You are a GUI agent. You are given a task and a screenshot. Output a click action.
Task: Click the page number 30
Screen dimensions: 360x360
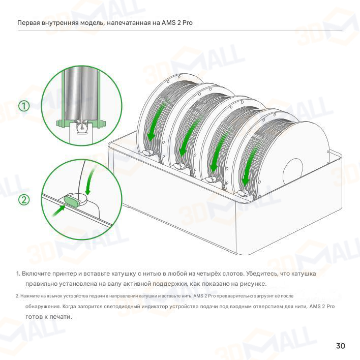tap(341, 346)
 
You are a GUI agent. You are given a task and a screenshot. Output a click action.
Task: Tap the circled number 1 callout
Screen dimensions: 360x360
tap(24, 106)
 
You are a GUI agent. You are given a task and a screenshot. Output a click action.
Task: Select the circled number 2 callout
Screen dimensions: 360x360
tap(24, 200)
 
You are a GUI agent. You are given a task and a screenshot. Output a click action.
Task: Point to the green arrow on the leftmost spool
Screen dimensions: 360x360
tap(157, 121)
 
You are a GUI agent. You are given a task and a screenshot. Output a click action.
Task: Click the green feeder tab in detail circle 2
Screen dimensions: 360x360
tap(72, 199)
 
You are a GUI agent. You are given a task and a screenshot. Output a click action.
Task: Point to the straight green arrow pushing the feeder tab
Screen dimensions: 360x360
tap(58, 211)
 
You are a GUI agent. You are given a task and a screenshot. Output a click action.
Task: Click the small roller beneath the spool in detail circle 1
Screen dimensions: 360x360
tap(82, 128)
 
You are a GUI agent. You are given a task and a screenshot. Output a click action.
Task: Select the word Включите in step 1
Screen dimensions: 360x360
tap(36, 274)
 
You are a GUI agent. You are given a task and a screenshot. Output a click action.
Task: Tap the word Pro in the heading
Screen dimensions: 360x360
tap(187, 23)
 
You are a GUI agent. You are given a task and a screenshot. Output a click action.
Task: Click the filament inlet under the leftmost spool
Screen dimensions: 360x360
tap(148, 152)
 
